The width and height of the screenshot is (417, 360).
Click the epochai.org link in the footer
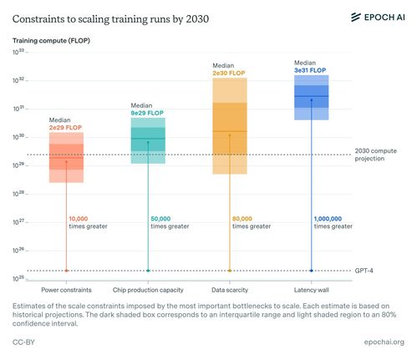pyautogui.click(x=384, y=342)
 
